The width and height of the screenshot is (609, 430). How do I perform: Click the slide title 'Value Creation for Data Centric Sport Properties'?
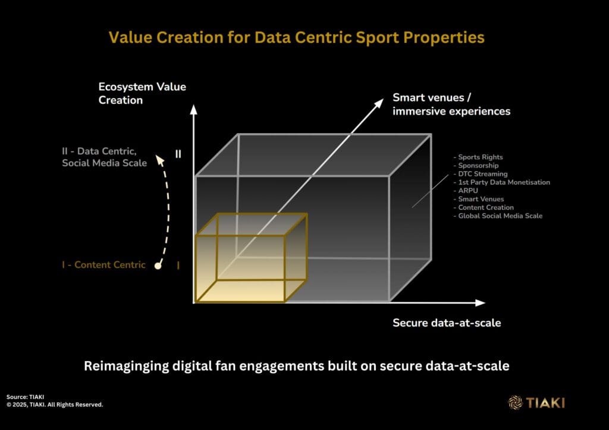pyautogui.click(x=296, y=37)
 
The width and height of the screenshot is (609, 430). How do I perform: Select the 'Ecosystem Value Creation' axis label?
pyautogui.click(x=142, y=93)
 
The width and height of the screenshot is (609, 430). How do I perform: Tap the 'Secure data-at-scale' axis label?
pyautogui.click(x=447, y=323)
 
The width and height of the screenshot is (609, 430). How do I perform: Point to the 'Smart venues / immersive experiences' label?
pyautogui.click(x=451, y=105)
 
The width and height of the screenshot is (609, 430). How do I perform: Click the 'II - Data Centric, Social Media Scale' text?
pyautogui.click(x=105, y=157)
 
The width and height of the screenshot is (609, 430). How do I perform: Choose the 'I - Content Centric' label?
pyautogui.click(x=103, y=265)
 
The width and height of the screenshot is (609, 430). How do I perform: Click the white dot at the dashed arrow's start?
pyautogui.click(x=158, y=265)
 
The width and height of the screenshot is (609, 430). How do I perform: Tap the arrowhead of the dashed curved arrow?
pyautogui.click(x=159, y=159)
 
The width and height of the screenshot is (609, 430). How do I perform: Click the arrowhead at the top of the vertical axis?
pyautogui.click(x=193, y=109)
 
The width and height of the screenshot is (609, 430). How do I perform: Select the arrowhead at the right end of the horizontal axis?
pyautogui.click(x=481, y=303)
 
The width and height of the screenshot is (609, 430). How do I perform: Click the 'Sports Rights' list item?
pyautogui.click(x=478, y=157)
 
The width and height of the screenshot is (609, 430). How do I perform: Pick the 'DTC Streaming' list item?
pyautogui.click(x=481, y=173)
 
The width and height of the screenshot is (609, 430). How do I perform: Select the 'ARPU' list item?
pyautogui.click(x=466, y=191)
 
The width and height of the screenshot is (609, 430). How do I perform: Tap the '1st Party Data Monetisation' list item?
pyautogui.click(x=502, y=182)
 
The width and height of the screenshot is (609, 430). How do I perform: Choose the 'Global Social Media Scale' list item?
pyautogui.click(x=498, y=216)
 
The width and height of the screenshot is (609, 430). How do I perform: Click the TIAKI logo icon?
pyautogui.click(x=516, y=403)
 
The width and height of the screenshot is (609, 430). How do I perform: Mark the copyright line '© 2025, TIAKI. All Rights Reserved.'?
pyautogui.click(x=55, y=405)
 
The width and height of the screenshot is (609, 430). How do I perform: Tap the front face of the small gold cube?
pyautogui.click(x=240, y=268)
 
